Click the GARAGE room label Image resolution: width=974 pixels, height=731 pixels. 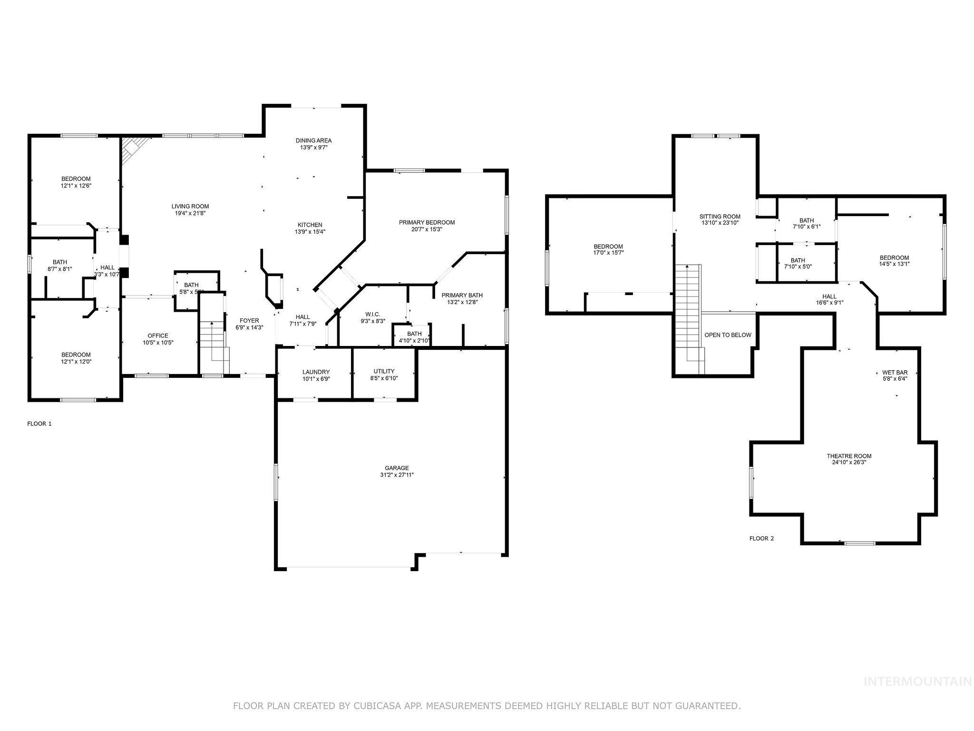[x=397, y=468]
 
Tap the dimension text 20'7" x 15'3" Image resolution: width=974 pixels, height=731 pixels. [x=427, y=229]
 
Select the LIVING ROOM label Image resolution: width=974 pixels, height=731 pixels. [x=190, y=206]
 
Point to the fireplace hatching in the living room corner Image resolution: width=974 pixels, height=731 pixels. [x=132, y=148]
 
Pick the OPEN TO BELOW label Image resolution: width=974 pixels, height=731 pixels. [x=728, y=335]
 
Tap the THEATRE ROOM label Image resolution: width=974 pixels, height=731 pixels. [x=849, y=456]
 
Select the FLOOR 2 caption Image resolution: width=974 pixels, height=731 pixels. [x=761, y=538]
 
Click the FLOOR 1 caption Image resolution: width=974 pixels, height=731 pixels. [x=39, y=423]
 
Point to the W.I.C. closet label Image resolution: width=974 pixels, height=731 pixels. [x=372, y=314]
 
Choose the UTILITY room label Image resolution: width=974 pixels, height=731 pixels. [x=384, y=371]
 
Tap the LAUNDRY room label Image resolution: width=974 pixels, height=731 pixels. [x=316, y=372]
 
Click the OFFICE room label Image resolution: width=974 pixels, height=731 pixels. [x=158, y=336]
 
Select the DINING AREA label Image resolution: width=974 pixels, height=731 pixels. [x=313, y=140]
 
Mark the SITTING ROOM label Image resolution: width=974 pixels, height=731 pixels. [x=720, y=216]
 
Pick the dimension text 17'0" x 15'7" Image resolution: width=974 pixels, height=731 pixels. [x=608, y=253]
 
